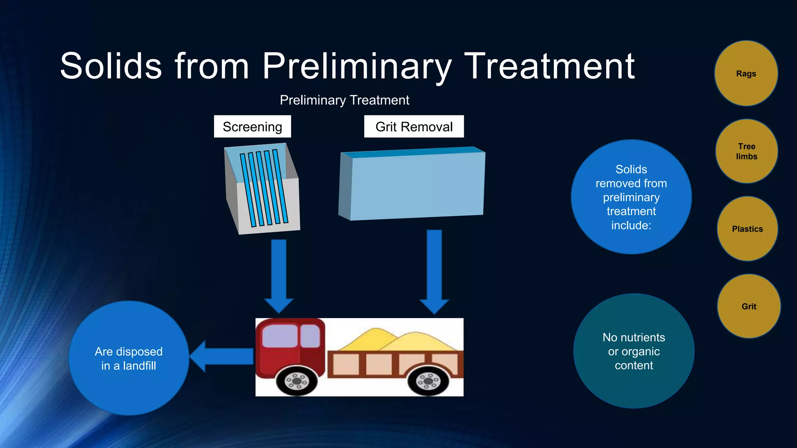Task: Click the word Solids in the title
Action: [111, 66]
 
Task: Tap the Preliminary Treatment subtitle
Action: [344, 100]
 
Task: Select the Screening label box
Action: [252, 127]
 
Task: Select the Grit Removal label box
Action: [414, 127]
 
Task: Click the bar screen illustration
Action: [263, 189]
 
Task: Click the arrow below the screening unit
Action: [279, 274]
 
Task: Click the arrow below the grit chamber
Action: [434, 270]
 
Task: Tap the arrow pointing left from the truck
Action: [222, 356]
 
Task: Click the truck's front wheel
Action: [297, 381]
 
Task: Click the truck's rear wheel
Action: [428, 381]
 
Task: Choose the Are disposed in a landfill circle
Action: [129, 358]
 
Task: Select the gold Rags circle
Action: [746, 73]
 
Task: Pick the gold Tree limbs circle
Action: [746, 151]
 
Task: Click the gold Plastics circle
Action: [747, 229]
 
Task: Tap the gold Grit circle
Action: [749, 306]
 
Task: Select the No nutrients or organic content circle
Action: [634, 351]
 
